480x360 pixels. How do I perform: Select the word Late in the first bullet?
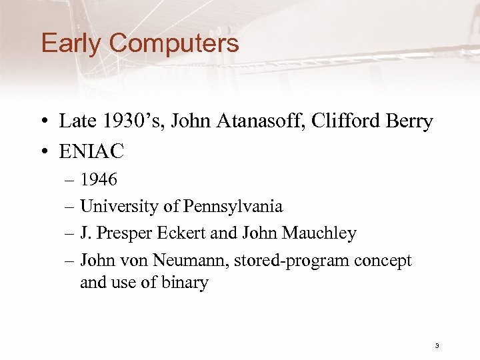pos(77,121)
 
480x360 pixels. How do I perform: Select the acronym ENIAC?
pos(91,152)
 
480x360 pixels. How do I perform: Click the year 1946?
pos(99,179)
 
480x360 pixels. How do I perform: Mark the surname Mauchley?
pos(319,233)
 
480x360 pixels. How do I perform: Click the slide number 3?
pos(436,345)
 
